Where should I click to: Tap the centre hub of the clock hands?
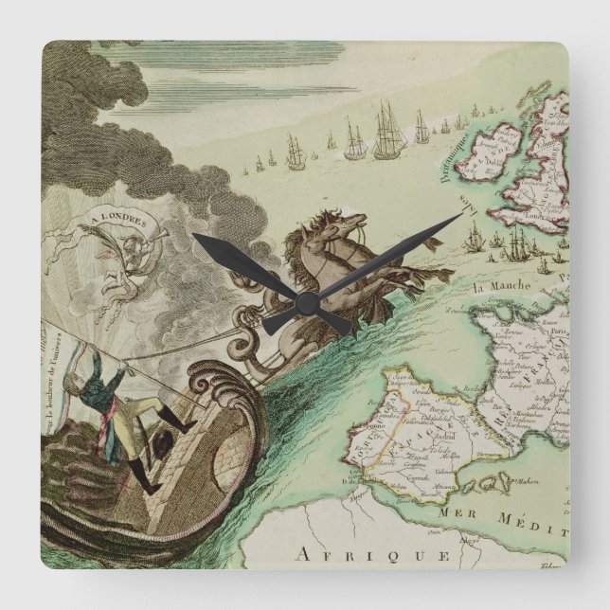click(x=305, y=302)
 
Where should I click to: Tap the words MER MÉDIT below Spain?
click(x=512, y=513)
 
